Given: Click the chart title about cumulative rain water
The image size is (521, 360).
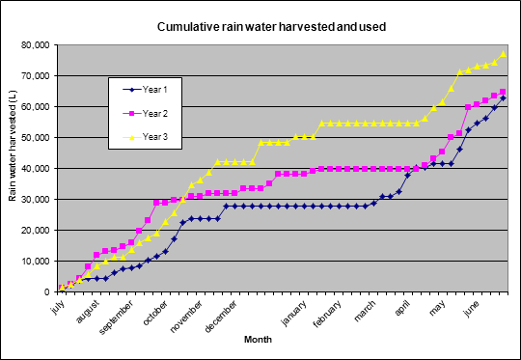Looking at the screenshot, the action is pos(271,27).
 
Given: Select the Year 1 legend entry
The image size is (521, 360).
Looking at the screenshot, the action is pos(145,90).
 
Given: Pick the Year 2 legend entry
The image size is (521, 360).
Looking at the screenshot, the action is pos(145,114).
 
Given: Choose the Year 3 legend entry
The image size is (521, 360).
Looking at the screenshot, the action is pos(145,137).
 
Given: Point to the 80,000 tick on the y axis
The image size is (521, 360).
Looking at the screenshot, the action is pos(36,44).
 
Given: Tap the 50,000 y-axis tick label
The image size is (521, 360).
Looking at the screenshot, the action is pos(36,138).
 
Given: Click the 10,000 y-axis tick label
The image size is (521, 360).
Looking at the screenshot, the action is pos(36,262).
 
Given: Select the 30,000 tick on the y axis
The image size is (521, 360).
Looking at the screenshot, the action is pos(36,200).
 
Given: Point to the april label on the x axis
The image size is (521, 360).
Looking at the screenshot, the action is pos(401,308).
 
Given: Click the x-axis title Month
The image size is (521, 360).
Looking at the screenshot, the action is pos(258,340).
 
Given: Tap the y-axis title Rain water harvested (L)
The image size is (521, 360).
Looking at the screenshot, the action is pos(13,146).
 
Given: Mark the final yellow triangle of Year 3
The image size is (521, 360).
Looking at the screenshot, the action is pos(503,54).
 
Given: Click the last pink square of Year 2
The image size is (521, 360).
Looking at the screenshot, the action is pos(503,92).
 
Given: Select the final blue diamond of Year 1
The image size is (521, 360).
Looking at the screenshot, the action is pos(503,98).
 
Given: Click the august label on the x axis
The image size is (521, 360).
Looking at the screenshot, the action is pos(88,312).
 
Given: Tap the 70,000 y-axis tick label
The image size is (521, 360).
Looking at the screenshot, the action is pos(36,76).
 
